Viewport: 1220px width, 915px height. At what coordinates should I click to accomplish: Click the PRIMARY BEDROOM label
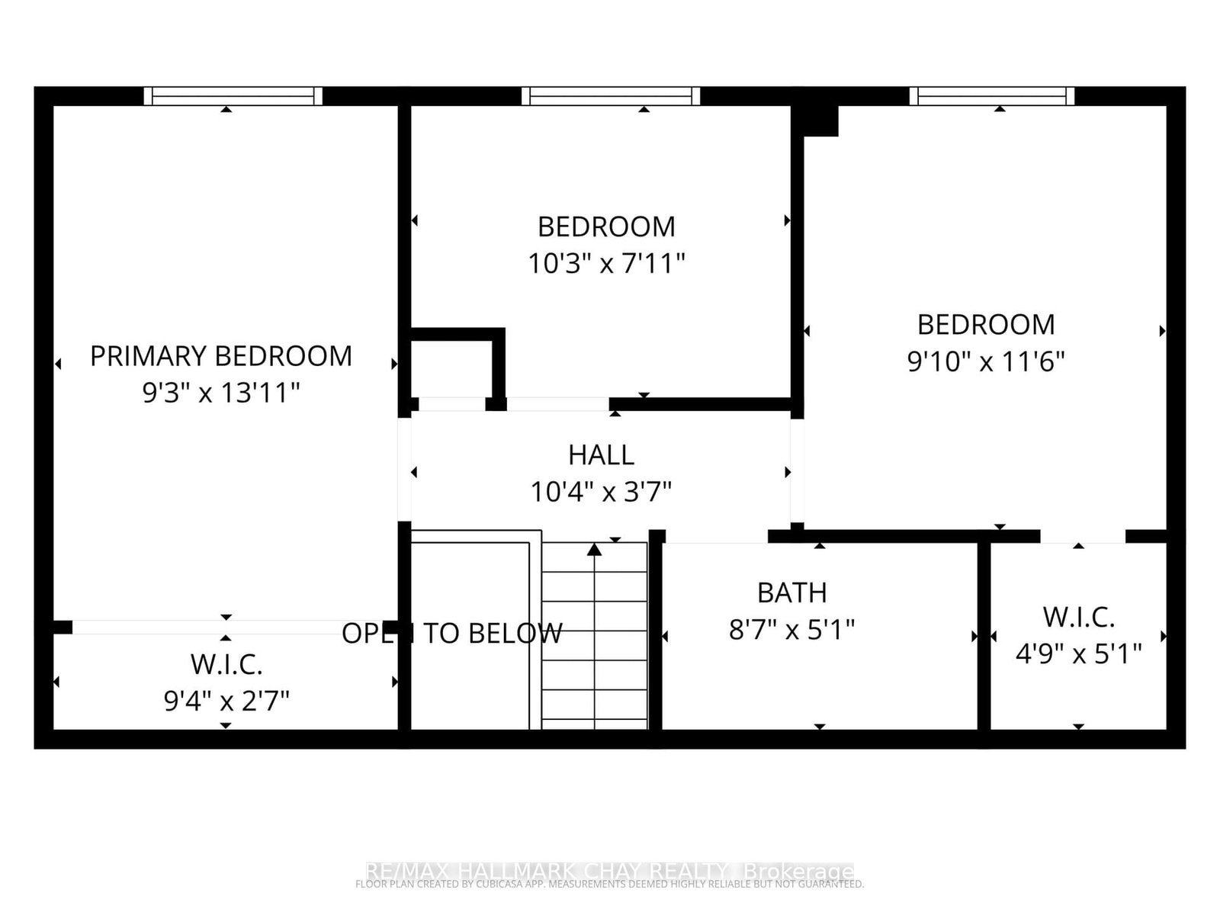click(x=221, y=356)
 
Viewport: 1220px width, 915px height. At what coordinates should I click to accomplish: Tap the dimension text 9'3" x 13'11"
click(x=221, y=393)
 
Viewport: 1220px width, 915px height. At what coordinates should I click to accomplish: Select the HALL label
click(x=601, y=455)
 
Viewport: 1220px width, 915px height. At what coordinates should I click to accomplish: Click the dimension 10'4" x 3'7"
click(x=601, y=492)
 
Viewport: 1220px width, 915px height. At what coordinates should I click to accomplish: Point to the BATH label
click(x=791, y=592)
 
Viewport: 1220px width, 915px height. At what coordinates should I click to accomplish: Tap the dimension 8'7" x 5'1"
click(x=791, y=630)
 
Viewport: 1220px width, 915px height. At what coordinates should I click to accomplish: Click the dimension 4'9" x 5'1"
click(x=1078, y=653)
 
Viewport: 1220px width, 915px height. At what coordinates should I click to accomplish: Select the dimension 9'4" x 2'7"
click(x=226, y=700)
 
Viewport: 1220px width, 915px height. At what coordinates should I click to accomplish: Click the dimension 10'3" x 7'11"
click(x=606, y=264)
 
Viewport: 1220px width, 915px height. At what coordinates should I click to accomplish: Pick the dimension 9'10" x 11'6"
click(x=986, y=361)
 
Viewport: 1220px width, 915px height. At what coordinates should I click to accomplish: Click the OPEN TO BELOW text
click(x=451, y=633)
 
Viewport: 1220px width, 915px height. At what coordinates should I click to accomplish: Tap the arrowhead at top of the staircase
click(x=595, y=549)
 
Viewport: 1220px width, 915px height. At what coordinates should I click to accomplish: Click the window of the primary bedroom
click(x=233, y=96)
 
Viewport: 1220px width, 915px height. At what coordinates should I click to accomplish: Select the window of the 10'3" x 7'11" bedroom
click(x=611, y=96)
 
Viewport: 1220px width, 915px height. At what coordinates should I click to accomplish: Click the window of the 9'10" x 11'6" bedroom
click(x=991, y=96)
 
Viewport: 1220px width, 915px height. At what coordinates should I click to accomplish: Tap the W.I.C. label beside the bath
click(x=1078, y=617)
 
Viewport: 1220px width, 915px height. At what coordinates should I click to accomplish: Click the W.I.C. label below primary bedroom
click(x=226, y=664)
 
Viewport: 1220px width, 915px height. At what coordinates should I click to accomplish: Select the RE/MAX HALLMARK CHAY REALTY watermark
click(x=610, y=871)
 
